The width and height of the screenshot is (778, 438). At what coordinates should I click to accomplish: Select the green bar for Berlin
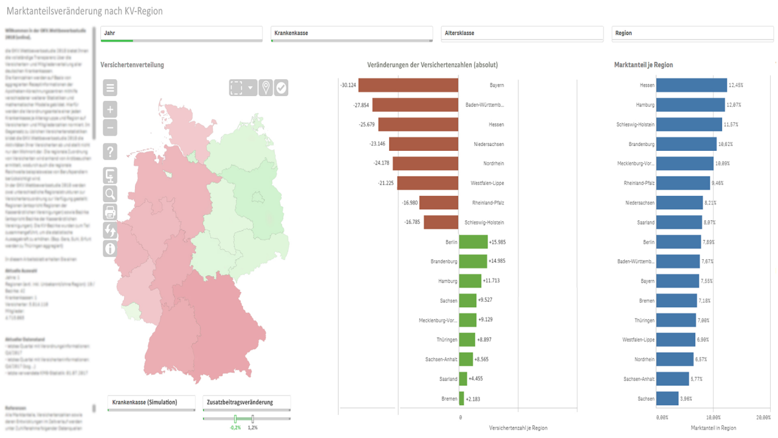[473, 242]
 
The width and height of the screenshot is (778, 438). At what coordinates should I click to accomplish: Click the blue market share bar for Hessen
[692, 85]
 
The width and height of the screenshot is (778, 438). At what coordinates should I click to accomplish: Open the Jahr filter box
[181, 33]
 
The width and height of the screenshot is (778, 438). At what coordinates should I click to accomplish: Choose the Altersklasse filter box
[522, 33]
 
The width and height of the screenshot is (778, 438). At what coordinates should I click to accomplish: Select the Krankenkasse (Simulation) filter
[151, 403]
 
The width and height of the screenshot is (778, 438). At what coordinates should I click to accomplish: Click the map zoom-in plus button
[110, 110]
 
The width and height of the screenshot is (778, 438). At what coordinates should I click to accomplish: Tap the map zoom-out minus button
[110, 128]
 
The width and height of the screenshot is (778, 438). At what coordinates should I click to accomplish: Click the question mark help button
[110, 152]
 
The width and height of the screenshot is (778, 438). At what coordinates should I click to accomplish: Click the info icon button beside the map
[110, 248]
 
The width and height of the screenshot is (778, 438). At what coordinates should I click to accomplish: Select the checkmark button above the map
[281, 88]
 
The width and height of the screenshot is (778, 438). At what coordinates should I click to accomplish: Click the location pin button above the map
[266, 88]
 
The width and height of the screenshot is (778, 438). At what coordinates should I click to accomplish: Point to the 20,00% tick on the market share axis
[763, 418]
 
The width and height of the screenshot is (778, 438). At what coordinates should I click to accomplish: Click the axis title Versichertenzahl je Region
[518, 428]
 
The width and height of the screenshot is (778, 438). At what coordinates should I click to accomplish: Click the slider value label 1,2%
[253, 428]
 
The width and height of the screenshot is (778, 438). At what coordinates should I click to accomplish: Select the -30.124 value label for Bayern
[349, 85]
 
